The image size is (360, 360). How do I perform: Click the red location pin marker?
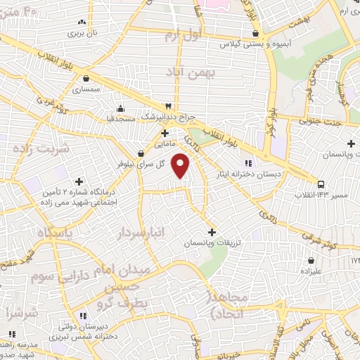(181, 166)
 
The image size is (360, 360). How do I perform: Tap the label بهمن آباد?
(184, 72)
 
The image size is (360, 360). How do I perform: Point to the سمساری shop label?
(86, 91)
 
